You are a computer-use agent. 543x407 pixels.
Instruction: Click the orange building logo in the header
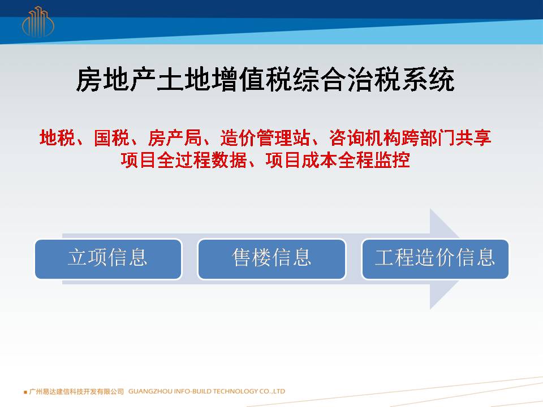(x=38, y=22)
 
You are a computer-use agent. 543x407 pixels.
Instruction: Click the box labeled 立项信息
(x=108, y=259)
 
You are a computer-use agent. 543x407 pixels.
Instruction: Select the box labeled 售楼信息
(x=271, y=259)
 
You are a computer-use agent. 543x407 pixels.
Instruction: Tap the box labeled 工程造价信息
(x=435, y=259)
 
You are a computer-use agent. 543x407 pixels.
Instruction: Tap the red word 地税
(x=57, y=138)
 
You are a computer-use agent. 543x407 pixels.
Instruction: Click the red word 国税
(x=111, y=138)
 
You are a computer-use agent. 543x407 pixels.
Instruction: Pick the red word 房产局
(x=175, y=138)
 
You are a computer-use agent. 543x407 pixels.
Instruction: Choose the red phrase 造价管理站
(x=265, y=138)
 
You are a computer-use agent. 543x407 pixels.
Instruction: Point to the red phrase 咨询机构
(x=365, y=138)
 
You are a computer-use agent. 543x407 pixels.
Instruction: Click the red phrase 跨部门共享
(x=446, y=138)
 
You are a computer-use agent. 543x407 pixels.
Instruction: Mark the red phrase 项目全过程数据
(x=184, y=160)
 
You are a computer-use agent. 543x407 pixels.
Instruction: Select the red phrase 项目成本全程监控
(x=338, y=160)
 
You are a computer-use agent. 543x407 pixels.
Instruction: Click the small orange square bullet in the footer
(x=25, y=392)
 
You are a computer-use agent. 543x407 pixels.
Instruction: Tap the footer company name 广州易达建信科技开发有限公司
(x=76, y=391)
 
